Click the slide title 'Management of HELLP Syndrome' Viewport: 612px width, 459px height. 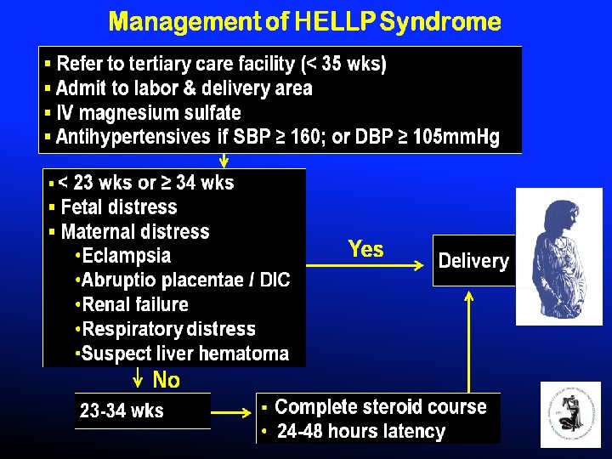pyautogui.click(x=304, y=21)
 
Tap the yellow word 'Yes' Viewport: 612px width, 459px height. pyautogui.click(x=365, y=250)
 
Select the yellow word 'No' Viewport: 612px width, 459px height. pyautogui.click(x=166, y=380)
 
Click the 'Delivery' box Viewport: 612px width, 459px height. pyautogui.click(x=473, y=261)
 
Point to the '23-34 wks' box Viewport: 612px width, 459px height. pyautogui.click(x=122, y=411)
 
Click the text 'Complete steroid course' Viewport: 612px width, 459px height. pyautogui.click(x=380, y=407)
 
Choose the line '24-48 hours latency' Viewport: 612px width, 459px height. pyautogui.click(x=360, y=432)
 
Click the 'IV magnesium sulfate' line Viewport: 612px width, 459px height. pyautogui.click(x=149, y=113)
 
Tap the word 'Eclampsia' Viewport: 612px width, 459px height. pyautogui.click(x=127, y=256)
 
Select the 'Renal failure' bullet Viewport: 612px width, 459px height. pyautogui.click(x=135, y=304)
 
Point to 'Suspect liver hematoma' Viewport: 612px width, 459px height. pyautogui.click(x=185, y=354)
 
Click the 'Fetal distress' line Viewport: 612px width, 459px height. pyautogui.click(x=119, y=207)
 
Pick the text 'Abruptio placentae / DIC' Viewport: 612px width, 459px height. pyautogui.click(x=186, y=280)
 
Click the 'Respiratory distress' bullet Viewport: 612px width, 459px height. pyautogui.click(x=168, y=329)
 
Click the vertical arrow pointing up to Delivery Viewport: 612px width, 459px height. pyautogui.click(x=468, y=340)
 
